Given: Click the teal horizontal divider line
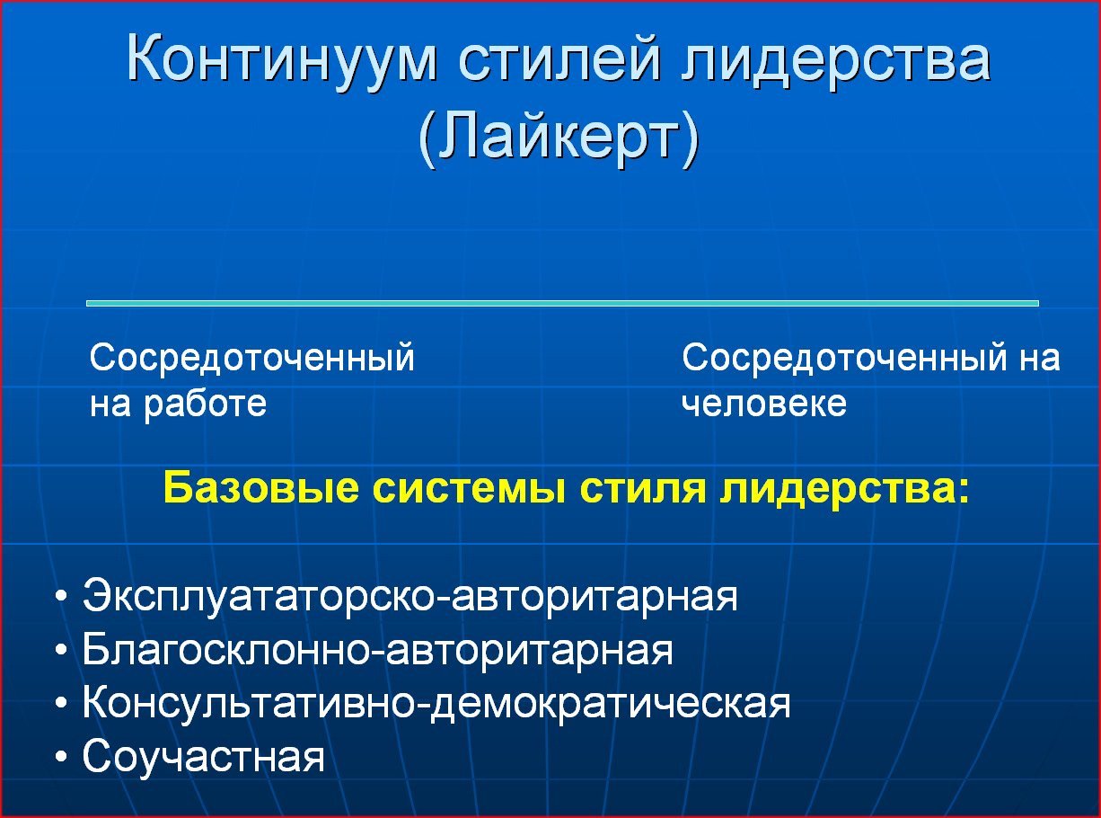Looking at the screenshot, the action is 562,303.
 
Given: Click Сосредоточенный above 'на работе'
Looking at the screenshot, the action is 251,359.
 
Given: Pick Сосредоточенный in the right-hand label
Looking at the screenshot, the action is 844,359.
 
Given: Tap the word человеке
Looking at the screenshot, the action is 764,403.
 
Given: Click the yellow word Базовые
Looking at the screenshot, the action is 261,488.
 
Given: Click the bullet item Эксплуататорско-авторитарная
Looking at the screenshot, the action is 410,596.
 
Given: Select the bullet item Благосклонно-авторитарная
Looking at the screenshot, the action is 378,650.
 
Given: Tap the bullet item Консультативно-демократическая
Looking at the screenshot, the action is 436,704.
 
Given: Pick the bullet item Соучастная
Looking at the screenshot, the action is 204,757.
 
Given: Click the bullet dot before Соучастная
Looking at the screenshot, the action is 61,757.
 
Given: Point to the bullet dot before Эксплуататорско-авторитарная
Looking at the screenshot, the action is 61,595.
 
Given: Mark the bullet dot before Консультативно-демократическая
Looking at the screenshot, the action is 61,703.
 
